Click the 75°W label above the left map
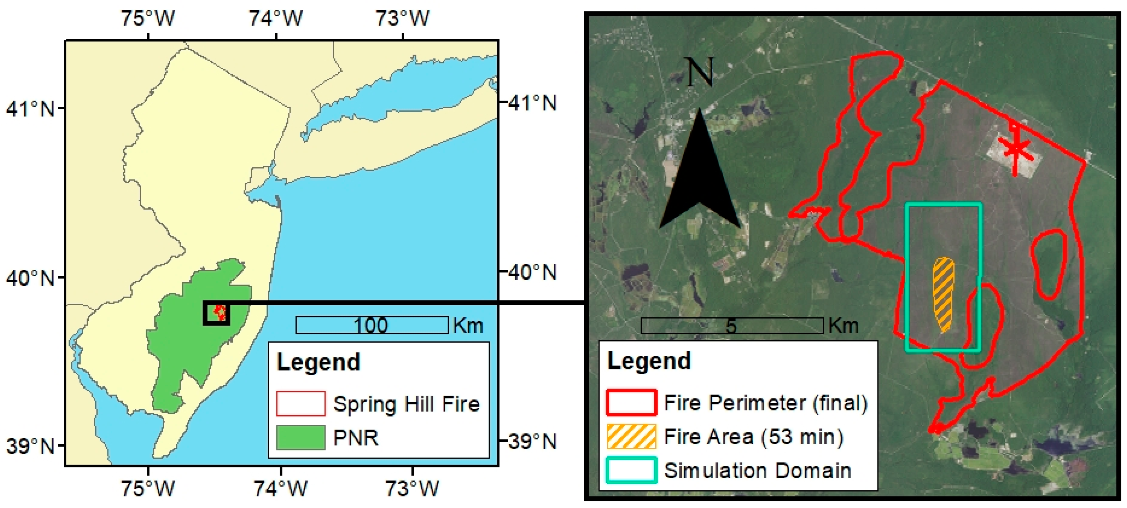click(x=148, y=18)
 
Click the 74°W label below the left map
click(x=280, y=488)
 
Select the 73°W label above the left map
click(x=402, y=18)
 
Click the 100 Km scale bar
click(x=372, y=325)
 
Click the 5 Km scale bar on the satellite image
click(x=732, y=326)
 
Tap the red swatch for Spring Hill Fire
click(x=301, y=403)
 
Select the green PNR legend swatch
click(x=301, y=438)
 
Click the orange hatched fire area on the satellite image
click(x=943, y=293)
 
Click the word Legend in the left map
click(x=318, y=362)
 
